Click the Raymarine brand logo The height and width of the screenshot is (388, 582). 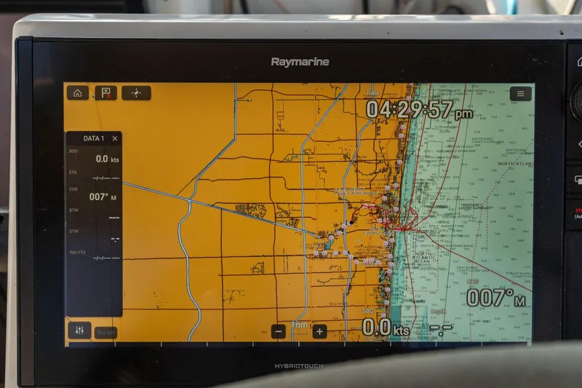[300, 62]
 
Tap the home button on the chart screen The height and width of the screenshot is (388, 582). [77, 92]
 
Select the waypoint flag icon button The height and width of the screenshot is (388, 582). [105, 92]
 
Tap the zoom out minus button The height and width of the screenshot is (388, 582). [279, 331]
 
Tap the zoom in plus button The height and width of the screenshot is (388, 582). [319, 331]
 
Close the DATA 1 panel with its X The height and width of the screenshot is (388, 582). [115, 138]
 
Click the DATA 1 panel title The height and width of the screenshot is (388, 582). [93, 138]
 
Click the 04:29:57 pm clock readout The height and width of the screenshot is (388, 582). [418, 110]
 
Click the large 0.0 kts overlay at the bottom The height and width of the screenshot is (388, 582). [386, 328]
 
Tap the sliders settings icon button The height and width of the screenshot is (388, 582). [79, 330]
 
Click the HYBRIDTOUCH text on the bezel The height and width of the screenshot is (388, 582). [299, 366]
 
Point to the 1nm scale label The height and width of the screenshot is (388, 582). [299, 325]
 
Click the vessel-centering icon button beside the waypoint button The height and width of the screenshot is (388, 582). [136, 92]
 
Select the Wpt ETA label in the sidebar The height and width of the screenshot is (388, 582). [77, 252]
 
